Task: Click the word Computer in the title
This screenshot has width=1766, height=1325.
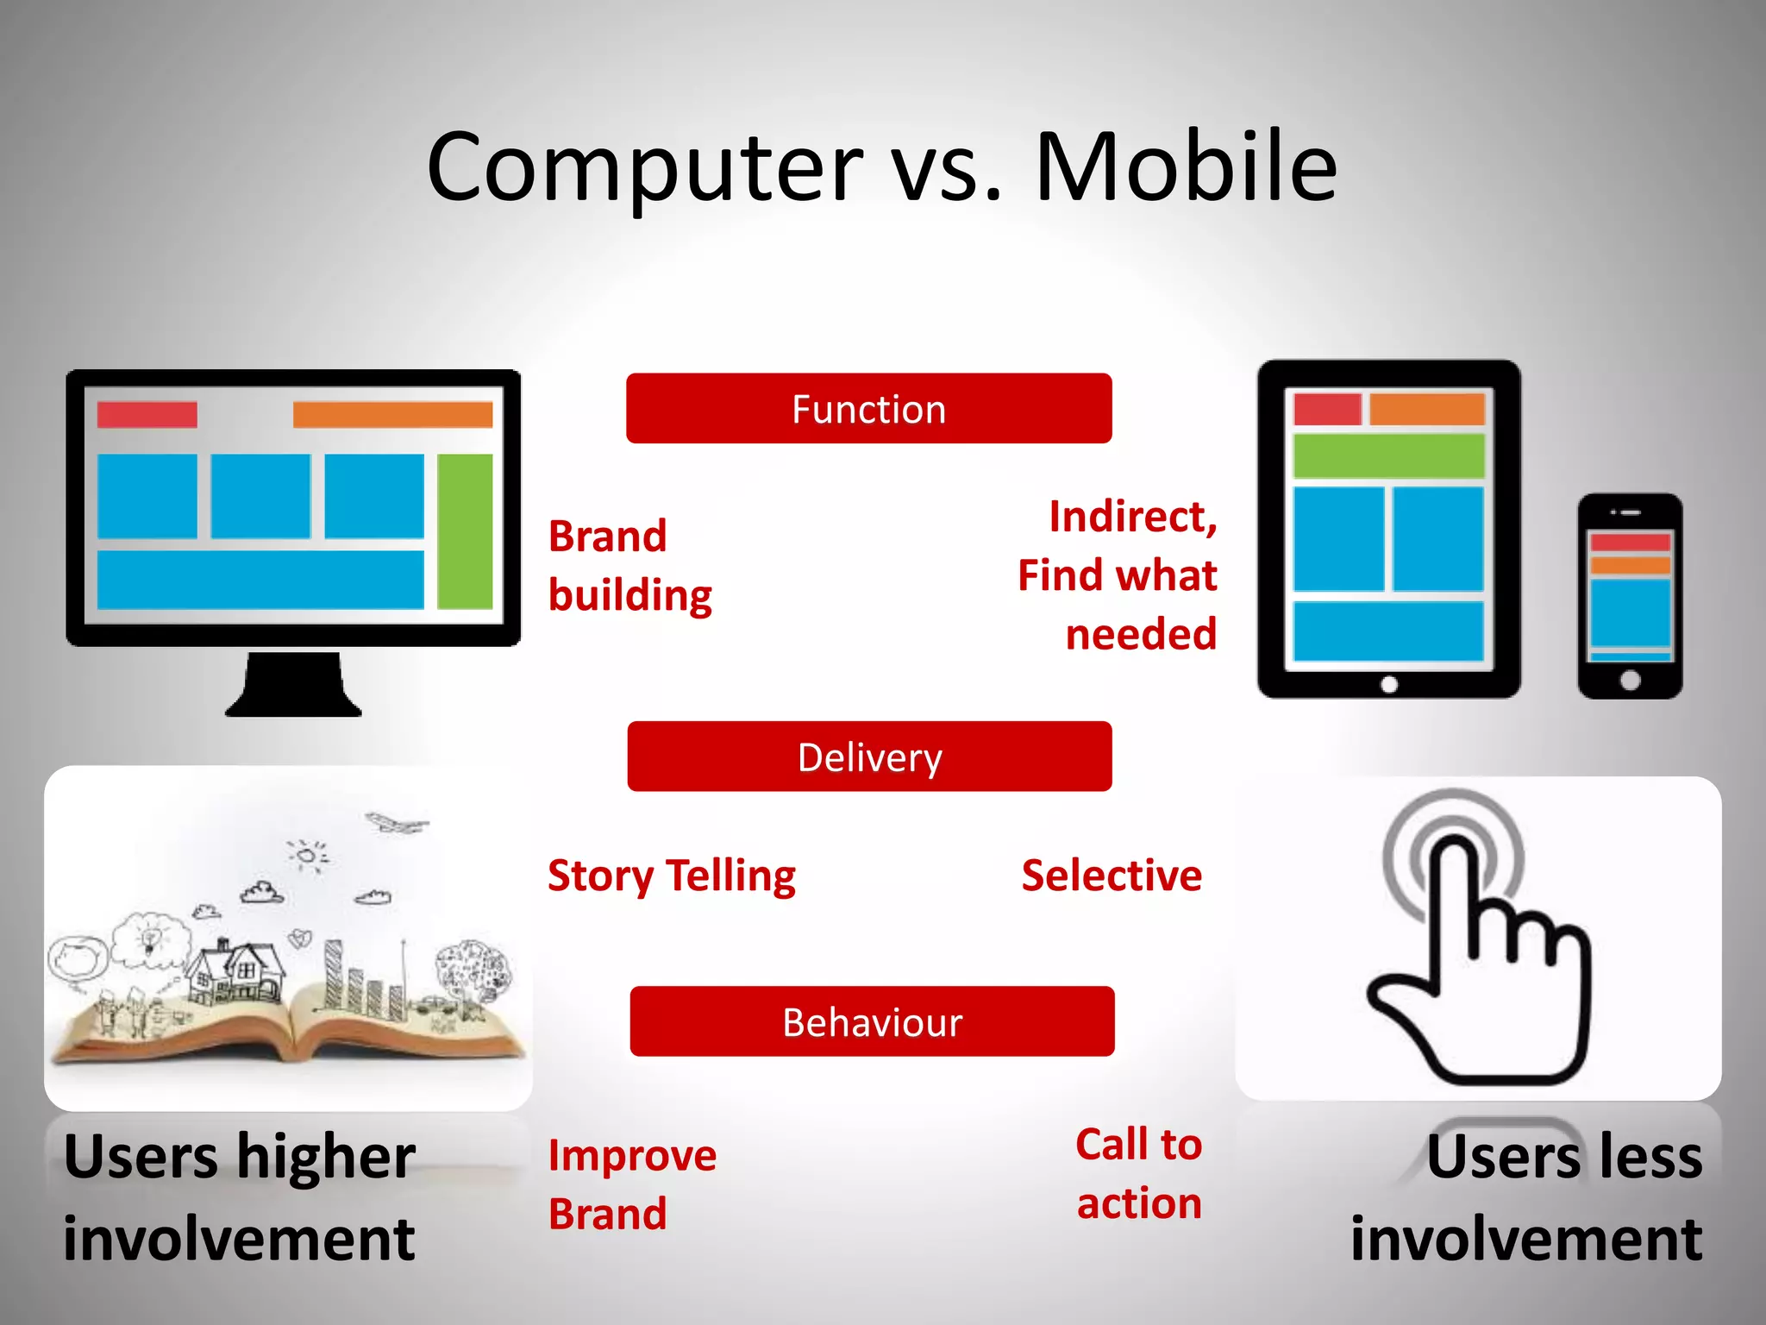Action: (x=644, y=168)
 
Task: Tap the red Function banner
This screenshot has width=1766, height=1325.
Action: (x=868, y=409)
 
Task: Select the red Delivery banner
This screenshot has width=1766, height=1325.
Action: (x=869, y=757)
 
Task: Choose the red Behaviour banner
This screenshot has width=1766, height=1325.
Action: (x=872, y=1021)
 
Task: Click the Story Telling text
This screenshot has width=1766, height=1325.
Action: (x=672, y=876)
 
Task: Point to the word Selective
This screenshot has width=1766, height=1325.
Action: (x=1112, y=876)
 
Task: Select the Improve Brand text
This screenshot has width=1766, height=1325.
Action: (x=631, y=1184)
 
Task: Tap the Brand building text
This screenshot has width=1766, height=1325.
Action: (x=629, y=566)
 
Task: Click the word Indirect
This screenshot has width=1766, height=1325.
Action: (x=1131, y=517)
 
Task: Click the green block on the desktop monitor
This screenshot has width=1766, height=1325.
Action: (x=465, y=531)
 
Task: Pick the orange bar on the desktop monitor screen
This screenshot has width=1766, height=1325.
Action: (x=392, y=414)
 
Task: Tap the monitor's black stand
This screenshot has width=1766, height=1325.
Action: (x=293, y=686)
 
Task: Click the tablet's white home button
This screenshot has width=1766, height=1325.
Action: (x=1388, y=684)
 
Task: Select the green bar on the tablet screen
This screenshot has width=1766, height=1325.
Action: (x=1388, y=455)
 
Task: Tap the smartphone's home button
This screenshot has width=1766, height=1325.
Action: (x=1630, y=680)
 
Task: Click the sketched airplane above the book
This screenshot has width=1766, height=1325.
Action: (x=396, y=823)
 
